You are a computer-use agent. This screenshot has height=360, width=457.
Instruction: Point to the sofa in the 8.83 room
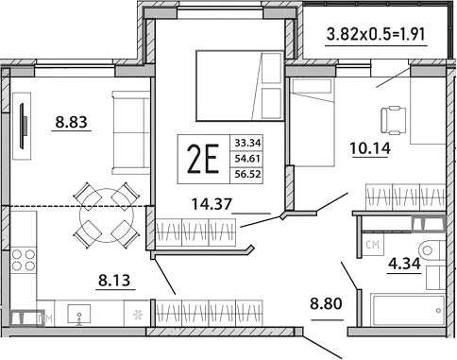click(x=127, y=122)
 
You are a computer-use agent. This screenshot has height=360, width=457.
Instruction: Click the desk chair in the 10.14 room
click(x=393, y=119)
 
